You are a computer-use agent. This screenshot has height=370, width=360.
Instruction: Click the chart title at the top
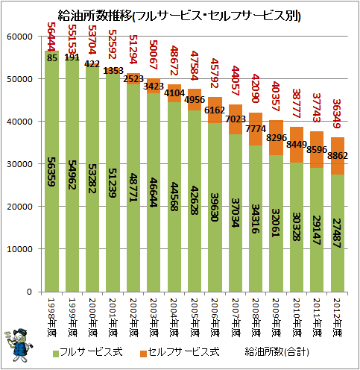tap(179, 16)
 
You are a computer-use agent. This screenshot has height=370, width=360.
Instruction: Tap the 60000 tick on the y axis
tap(19, 37)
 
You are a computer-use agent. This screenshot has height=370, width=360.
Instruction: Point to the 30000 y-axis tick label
tap(19, 164)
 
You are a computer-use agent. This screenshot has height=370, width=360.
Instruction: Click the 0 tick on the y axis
tap(29, 292)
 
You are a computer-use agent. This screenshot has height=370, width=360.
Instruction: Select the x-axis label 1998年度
tap(51, 318)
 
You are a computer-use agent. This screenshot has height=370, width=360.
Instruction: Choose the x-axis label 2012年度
tap(337, 318)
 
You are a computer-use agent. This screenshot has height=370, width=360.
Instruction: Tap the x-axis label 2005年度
tap(195, 318)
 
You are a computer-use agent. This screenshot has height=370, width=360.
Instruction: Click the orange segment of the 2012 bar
tap(338, 156)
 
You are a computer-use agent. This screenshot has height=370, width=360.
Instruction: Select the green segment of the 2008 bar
tap(256, 219)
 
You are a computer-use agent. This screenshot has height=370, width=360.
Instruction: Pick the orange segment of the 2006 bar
tap(215, 110)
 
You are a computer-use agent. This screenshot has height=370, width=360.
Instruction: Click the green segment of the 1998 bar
tap(51, 172)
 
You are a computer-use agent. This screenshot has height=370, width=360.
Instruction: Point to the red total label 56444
tap(51, 37)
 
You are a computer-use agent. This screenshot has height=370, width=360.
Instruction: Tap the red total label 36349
tap(337, 113)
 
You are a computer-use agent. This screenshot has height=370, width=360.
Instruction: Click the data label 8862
tap(338, 156)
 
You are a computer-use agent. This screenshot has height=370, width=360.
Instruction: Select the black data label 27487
tap(337, 233)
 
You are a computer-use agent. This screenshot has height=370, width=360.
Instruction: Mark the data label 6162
tap(215, 110)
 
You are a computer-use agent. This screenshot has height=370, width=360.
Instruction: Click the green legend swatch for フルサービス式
tap(56, 354)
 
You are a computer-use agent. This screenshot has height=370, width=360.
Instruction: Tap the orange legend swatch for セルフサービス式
tap(143, 354)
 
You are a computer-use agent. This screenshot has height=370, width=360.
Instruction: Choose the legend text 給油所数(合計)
tap(277, 352)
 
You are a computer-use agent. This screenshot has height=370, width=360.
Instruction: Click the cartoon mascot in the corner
tap(19, 345)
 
